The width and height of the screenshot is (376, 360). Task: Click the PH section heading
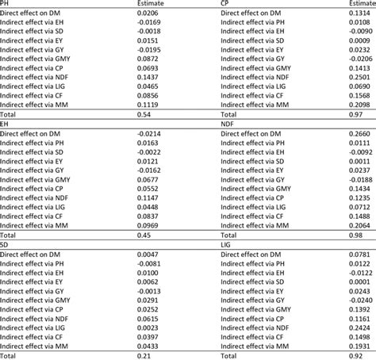(x=6, y=4)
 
